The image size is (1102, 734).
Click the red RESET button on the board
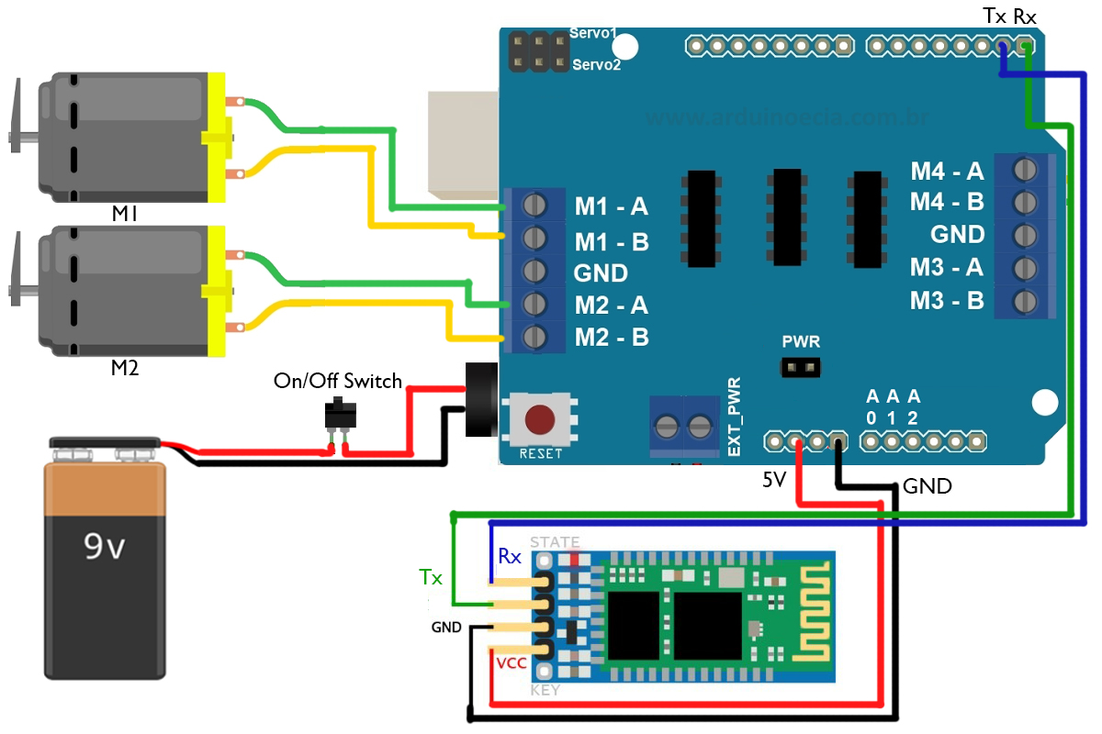(x=539, y=420)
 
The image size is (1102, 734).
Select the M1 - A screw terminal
(x=534, y=205)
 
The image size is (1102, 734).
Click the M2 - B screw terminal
(x=534, y=336)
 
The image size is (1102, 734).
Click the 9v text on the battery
(x=104, y=547)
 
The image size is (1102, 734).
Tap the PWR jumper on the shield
(x=800, y=368)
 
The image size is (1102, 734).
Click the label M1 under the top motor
(x=124, y=214)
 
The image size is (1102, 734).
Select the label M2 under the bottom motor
(x=124, y=368)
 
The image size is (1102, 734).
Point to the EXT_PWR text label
(x=734, y=417)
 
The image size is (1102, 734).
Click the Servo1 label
(x=595, y=32)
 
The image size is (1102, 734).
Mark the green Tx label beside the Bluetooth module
(x=430, y=577)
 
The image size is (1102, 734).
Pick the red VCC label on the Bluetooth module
(x=511, y=663)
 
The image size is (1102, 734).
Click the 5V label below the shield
(x=774, y=479)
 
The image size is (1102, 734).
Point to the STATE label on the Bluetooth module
(x=555, y=542)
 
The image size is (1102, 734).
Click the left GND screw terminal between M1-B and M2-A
(x=534, y=271)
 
